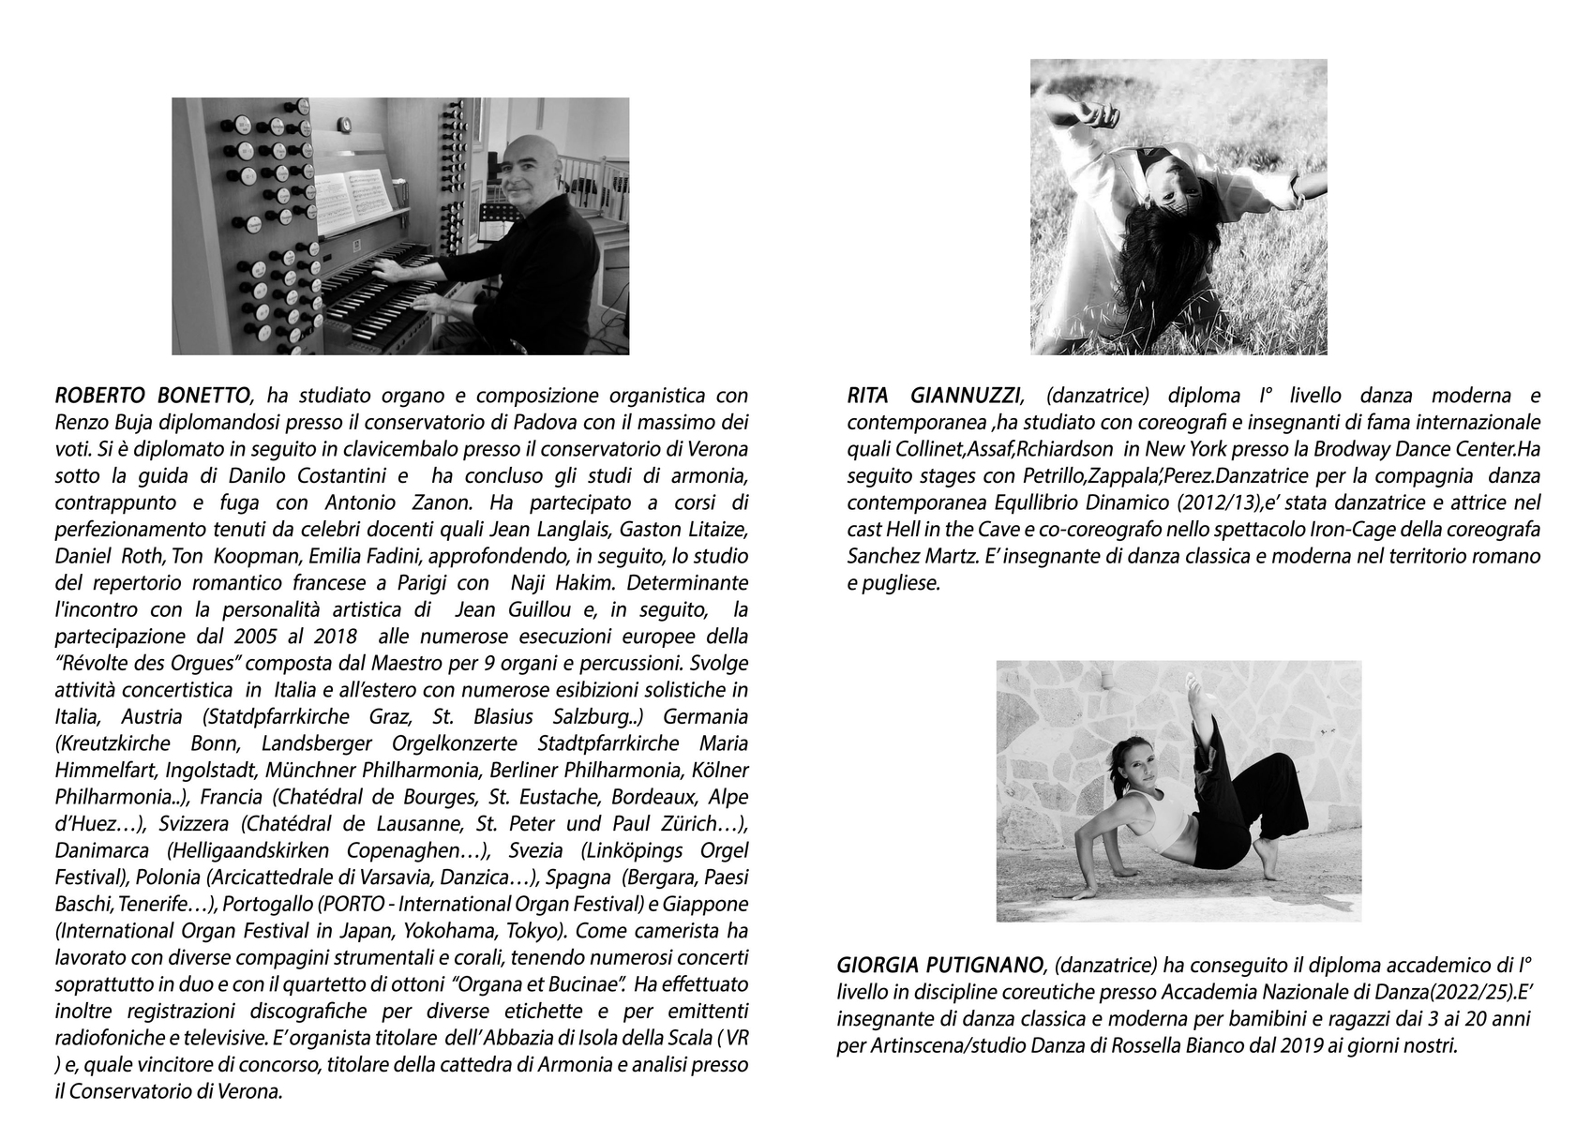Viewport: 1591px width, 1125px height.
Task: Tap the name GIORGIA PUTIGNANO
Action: point(940,965)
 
